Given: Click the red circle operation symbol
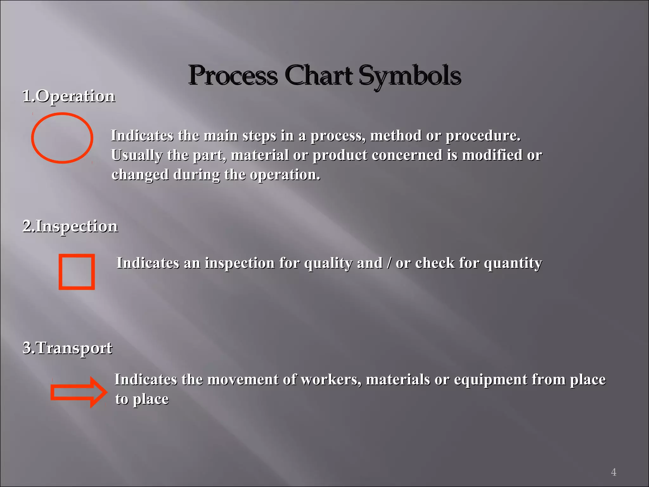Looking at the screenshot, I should coord(62,138).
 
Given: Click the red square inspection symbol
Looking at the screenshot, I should coord(77,272).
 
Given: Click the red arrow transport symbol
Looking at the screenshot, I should coord(79,392).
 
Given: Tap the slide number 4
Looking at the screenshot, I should coord(614,472).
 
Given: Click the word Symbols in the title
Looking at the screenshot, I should coord(410,76).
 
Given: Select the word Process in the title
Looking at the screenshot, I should coord(233,76).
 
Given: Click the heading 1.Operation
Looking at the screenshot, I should coord(69,96).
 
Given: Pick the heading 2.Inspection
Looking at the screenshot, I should coord(70,226).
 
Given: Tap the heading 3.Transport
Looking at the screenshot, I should coord(67,348).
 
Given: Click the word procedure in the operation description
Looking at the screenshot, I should coord(483,136).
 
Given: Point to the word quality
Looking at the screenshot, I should coord(328,263).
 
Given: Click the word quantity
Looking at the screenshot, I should coord(513,263).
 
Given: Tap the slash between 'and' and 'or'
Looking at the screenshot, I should coord(389,263).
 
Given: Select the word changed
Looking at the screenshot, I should coord(140,175).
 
